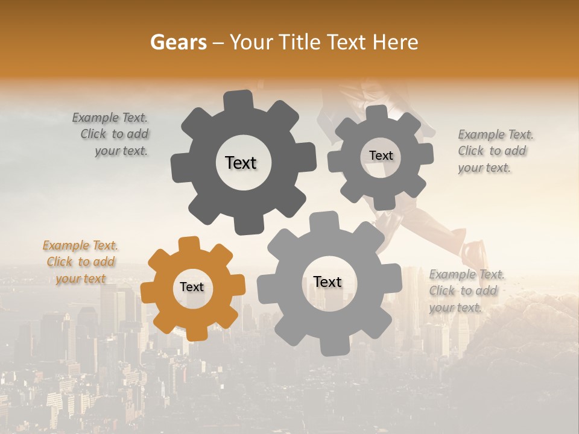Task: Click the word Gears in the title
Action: pos(177,42)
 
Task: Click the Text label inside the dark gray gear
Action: pos(241,163)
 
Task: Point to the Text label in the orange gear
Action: pos(192,287)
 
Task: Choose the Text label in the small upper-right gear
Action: pos(381,156)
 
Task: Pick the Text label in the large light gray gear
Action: pos(327,281)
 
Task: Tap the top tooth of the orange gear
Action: pos(189,244)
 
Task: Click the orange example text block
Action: pos(80,262)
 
